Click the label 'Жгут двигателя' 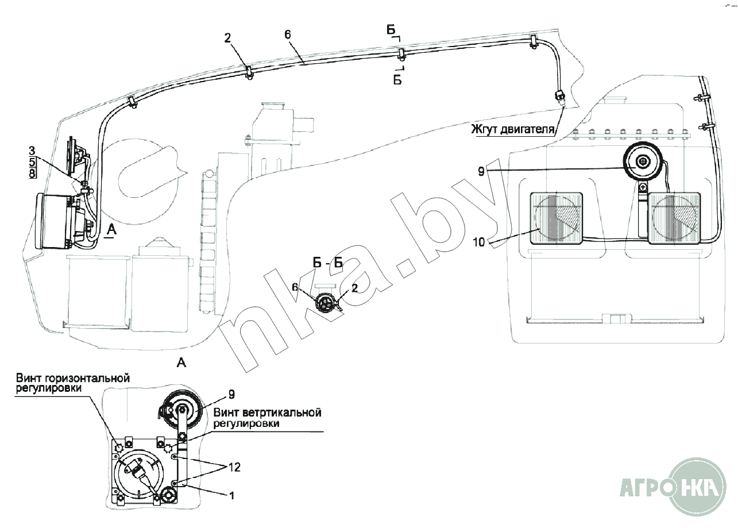tap(513, 128)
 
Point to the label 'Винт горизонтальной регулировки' tap(73, 383)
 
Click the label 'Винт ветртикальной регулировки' tap(267, 418)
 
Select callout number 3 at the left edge tap(33, 151)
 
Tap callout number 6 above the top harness tap(288, 34)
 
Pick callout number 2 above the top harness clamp tap(228, 38)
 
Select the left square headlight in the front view tap(555, 218)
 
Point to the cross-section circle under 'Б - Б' tap(327, 302)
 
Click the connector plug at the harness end tap(560, 97)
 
